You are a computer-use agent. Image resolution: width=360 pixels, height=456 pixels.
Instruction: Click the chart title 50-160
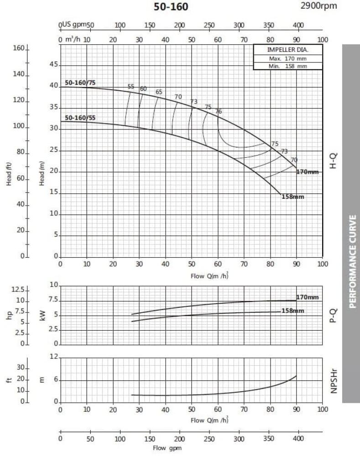pyautogui.click(x=171, y=6)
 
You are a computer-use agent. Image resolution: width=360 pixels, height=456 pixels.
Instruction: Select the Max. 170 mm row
pyautogui.click(x=287, y=58)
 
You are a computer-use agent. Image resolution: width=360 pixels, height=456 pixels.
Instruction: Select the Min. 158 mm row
pyautogui.click(x=287, y=66)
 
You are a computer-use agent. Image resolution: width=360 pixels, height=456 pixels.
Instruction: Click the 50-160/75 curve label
pyautogui.click(x=80, y=83)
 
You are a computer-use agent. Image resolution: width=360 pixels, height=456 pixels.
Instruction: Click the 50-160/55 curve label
pyautogui.click(x=80, y=118)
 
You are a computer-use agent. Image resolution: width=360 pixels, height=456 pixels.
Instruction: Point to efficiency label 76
pyautogui.click(x=219, y=111)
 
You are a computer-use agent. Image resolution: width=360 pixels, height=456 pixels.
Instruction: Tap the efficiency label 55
pyautogui.click(x=131, y=87)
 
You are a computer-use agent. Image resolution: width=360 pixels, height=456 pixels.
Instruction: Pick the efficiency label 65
pyautogui.click(x=159, y=92)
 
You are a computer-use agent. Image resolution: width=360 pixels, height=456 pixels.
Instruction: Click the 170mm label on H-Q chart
pyautogui.click(x=307, y=172)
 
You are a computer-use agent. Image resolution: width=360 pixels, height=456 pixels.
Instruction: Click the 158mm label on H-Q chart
pyautogui.click(x=293, y=197)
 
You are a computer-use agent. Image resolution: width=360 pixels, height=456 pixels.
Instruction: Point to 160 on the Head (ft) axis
pyautogui.click(x=18, y=48)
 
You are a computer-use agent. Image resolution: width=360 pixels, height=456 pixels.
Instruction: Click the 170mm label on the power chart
pyautogui.click(x=308, y=297)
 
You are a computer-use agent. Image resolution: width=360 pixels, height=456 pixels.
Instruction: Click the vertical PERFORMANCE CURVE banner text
pyautogui.click(x=353, y=261)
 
